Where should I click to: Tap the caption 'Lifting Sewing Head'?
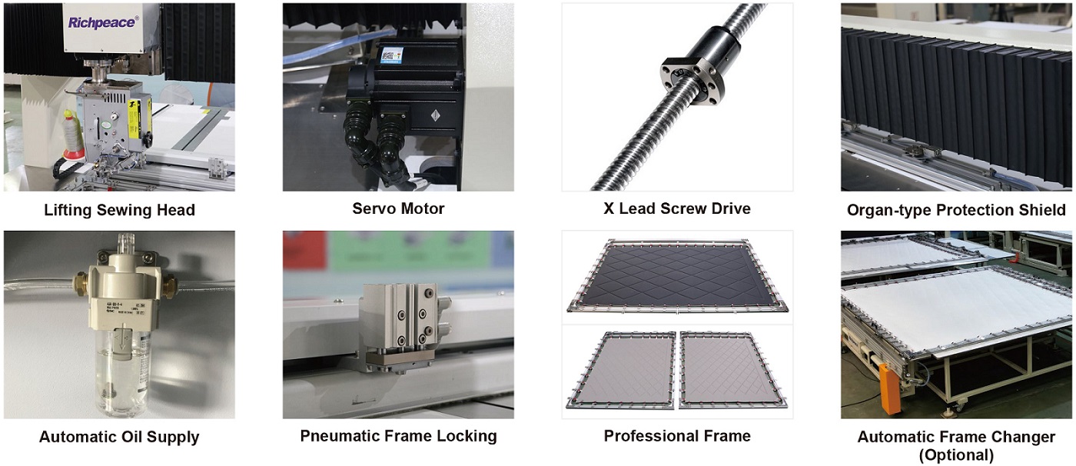[x=120, y=210]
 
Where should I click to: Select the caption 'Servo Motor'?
[x=398, y=208]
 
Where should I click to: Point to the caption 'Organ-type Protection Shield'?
[x=956, y=210]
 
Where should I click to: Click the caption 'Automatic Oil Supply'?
[x=119, y=437]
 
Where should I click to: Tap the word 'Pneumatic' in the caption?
[x=337, y=436]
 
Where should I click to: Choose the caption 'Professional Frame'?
[x=677, y=436]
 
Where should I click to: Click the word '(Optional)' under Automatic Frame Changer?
[x=956, y=455]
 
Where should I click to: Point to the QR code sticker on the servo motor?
[x=391, y=55]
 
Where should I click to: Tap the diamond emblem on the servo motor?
[x=435, y=116]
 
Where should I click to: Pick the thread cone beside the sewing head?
[x=72, y=135]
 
